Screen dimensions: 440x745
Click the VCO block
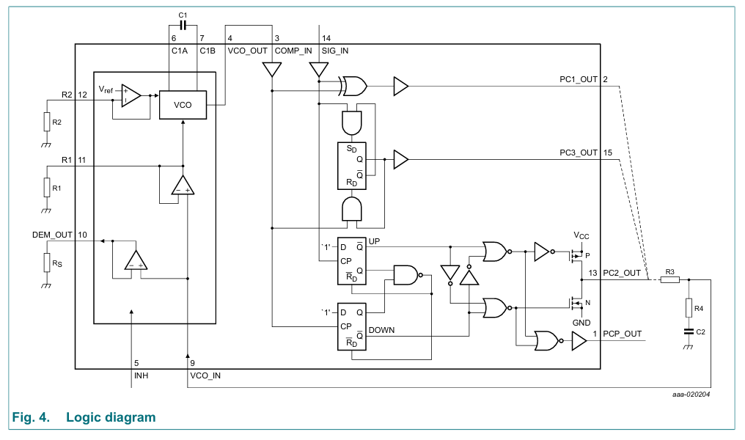click(x=183, y=105)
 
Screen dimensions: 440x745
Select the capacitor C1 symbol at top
click(x=183, y=25)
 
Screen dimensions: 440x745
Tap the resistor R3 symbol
click(x=669, y=279)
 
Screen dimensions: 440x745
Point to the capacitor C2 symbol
click(x=688, y=331)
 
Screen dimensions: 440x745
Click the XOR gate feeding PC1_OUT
click(x=354, y=86)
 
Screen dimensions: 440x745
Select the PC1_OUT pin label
click(x=579, y=78)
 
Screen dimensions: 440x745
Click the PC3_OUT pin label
click(x=579, y=153)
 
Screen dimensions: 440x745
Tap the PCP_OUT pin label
click(x=622, y=334)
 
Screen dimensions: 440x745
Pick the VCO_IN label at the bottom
click(x=205, y=375)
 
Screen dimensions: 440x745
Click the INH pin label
click(x=142, y=375)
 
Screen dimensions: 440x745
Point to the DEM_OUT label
click(x=52, y=235)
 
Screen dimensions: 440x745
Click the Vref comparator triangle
click(x=131, y=95)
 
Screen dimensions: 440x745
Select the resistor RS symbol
click(x=46, y=262)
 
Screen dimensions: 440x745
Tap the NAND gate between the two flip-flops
click(x=405, y=276)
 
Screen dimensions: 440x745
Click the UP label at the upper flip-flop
click(x=374, y=241)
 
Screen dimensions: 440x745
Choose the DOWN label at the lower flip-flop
click(x=381, y=330)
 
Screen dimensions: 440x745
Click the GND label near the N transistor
click(x=581, y=322)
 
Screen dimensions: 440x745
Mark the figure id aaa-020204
click(x=690, y=394)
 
